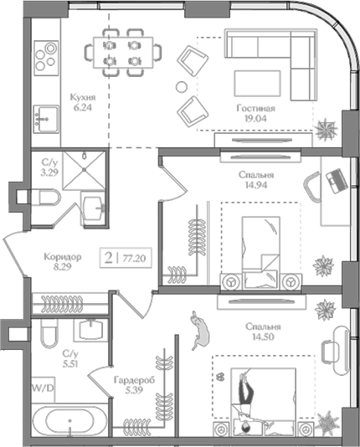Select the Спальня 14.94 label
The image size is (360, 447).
pyautogui.click(x=253, y=181)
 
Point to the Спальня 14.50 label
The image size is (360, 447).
pyautogui.click(x=263, y=332)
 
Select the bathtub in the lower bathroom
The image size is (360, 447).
pyautogui.click(x=68, y=420)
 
